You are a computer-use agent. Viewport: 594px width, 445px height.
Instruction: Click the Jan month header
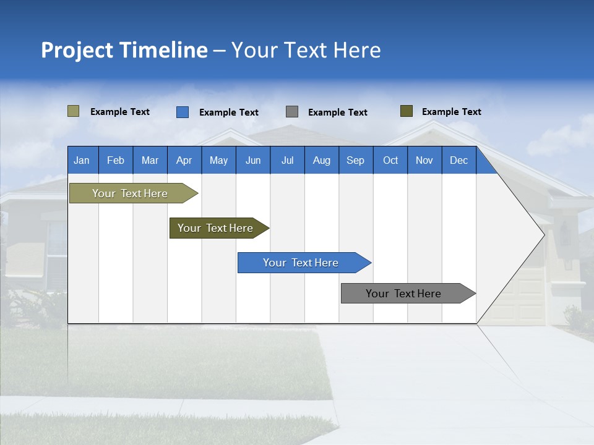pyautogui.click(x=82, y=160)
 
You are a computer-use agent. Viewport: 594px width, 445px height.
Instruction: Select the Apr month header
pyautogui.click(x=184, y=160)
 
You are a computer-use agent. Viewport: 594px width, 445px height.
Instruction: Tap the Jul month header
pyautogui.click(x=287, y=160)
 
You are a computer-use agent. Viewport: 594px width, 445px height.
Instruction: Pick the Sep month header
pyautogui.click(x=355, y=160)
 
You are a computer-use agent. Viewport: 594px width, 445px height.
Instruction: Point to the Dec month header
pyautogui.click(x=458, y=160)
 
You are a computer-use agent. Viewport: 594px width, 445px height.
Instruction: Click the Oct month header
pyautogui.click(x=390, y=160)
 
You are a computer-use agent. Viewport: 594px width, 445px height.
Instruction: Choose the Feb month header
pyautogui.click(x=116, y=160)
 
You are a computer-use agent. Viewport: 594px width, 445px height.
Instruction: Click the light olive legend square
pyautogui.click(x=73, y=111)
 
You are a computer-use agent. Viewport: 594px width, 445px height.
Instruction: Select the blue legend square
pyautogui.click(x=183, y=112)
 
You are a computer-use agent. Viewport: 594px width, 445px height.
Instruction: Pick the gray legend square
pyautogui.click(x=292, y=112)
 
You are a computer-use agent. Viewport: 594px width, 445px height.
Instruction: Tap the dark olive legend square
pyautogui.click(x=406, y=111)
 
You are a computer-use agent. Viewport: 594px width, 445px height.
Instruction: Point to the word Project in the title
pyautogui.click(x=77, y=50)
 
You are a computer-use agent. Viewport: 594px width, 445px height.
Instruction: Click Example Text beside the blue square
pyautogui.click(x=228, y=112)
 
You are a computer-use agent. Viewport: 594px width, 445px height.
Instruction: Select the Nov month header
pyautogui.click(x=424, y=160)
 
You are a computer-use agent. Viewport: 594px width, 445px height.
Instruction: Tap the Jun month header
pyautogui.click(x=253, y=160)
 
